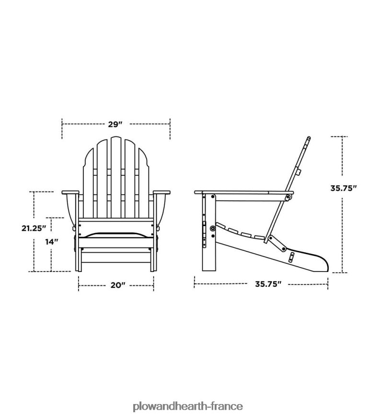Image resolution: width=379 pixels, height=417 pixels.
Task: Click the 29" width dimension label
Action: coord(115,124)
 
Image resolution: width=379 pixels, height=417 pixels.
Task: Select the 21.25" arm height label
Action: coord(33,228)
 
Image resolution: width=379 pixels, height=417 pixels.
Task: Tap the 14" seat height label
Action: coord(52,242)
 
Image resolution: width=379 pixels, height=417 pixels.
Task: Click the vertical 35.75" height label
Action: coord(344,188)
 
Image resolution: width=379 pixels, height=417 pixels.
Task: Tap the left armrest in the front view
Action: coord(70,192)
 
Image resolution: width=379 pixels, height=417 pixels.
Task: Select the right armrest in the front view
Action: coord(162,192)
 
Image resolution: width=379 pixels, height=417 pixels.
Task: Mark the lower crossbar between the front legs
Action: coord(116,250)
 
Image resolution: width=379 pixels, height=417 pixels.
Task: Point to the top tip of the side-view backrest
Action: coord(308,139)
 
